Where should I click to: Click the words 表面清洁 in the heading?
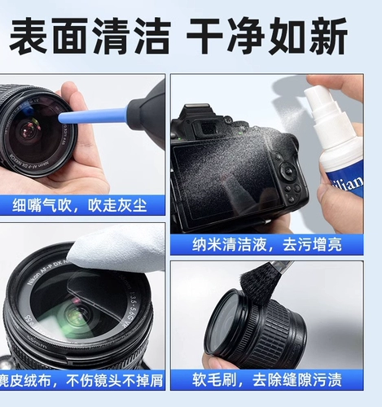[x=89, y=36]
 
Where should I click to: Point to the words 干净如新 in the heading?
[x=266, y=36]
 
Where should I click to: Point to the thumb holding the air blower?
[x=77, y=98]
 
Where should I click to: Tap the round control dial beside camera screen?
[x=288, y=173]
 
